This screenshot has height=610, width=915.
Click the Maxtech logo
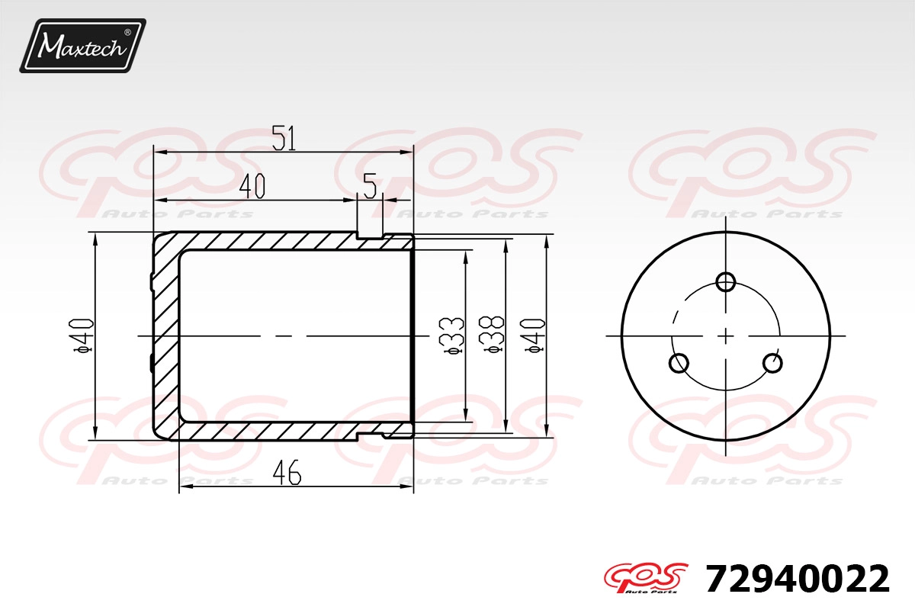82,46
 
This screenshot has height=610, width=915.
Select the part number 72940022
798,579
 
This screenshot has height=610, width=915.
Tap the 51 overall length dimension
284,138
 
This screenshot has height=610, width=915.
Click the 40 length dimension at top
252,186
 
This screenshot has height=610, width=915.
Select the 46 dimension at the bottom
287,474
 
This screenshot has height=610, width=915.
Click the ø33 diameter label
453,335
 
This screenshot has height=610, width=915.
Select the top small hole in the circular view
726,281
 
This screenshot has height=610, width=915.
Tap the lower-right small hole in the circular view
772,363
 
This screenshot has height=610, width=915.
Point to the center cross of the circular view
726,335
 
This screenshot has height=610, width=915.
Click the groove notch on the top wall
370,234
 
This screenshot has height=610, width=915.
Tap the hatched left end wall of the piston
165,335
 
